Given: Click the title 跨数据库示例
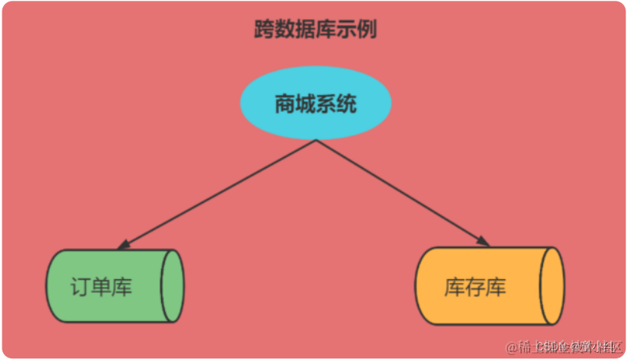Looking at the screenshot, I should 315,31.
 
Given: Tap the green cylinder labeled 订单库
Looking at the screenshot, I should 111,286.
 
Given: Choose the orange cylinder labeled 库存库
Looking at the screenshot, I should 484,286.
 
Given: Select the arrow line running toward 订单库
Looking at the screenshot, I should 218,193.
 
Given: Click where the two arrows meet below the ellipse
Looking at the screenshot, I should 316,140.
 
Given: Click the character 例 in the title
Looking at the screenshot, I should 366,31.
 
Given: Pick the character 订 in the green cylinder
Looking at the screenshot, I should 80,287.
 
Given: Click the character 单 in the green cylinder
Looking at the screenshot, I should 101,287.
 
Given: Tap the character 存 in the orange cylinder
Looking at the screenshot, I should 475,287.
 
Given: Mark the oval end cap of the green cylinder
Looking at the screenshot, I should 172,286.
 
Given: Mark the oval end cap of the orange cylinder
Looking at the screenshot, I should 553,286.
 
